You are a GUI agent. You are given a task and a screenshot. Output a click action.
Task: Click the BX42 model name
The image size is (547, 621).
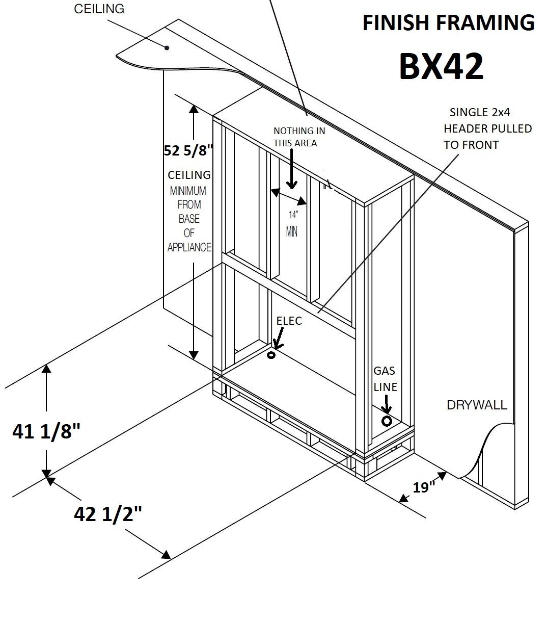441,66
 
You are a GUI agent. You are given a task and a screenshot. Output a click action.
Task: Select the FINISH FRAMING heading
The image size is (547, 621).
448,23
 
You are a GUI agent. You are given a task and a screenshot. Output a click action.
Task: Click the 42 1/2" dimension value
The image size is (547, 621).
107,514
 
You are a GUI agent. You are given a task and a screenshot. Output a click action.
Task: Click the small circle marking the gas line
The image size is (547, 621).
387,421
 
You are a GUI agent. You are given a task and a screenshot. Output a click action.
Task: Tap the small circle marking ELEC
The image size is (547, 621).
271,355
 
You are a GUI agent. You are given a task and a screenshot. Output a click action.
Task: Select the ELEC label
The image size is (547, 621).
289,321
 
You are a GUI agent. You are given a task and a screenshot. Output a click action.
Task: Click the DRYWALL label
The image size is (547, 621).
477,405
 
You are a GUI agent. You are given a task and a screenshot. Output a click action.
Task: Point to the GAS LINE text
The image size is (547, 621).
385,379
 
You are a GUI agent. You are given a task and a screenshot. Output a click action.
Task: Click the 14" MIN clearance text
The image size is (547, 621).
292,223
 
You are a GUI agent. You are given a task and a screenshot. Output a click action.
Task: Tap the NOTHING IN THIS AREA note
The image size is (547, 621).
299,137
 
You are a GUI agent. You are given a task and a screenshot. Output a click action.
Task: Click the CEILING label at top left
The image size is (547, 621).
99,9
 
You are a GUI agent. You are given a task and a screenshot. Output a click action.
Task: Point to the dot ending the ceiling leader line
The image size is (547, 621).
167,48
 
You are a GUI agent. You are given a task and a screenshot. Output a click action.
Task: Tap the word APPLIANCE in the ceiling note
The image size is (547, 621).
189,248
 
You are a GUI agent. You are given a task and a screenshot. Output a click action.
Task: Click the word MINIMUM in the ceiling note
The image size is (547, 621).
188,191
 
